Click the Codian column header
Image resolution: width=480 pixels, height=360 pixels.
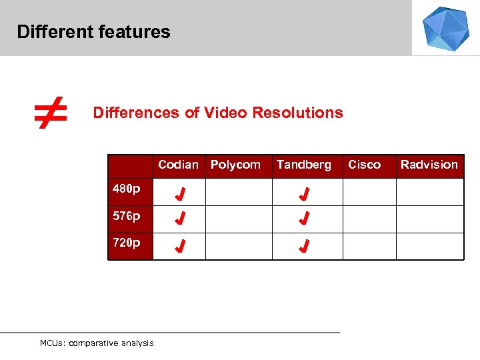pos(178,165)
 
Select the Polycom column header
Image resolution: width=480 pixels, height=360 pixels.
pos(235,165)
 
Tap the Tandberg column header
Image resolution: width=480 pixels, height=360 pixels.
pos(304,165)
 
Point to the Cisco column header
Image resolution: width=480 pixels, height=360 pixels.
pos(365,165)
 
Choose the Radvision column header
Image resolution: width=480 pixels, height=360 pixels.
pos(429,165)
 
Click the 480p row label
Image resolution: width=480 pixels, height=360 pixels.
pos(127,189)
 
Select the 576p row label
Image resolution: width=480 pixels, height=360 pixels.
pos(127,216)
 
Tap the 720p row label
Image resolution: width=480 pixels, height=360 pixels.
pos(127,243)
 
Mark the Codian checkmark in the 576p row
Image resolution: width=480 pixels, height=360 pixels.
pos(180,219)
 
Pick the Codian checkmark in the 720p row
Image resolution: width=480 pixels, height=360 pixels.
pos(180,247)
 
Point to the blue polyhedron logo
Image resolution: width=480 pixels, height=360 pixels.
pos(446,28)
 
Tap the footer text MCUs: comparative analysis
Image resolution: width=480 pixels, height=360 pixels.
pos(97,343)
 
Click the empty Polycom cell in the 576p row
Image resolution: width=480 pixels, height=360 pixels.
pos(238,219)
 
